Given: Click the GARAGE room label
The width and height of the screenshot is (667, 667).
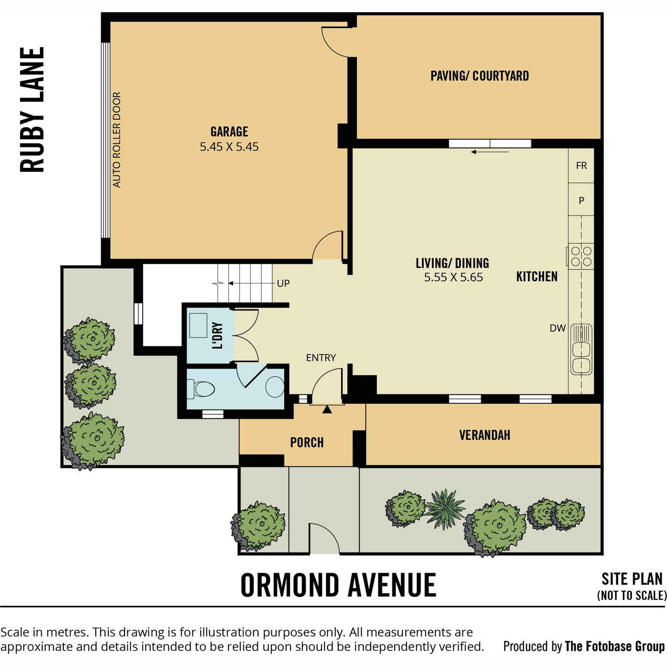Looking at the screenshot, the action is coord(229,132).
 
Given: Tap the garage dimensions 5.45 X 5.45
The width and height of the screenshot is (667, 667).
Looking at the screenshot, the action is coord(229,147).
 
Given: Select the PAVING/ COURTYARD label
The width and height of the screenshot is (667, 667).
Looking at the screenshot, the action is coord(479,76).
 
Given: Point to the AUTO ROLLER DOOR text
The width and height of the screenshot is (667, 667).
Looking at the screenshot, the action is coord(117,140).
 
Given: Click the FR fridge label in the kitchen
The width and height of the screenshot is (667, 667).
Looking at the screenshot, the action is coord(581,166).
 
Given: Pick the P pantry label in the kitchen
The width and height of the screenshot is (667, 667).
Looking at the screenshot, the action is coord(581,201).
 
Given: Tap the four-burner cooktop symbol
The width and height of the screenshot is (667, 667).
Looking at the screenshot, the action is coord(580,256).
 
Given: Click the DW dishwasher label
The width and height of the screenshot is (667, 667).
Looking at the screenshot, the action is coord(558,328).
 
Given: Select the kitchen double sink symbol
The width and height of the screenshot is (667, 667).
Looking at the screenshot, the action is coord(581,349).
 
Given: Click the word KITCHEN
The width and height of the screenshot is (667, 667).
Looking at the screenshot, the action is coord(537,277).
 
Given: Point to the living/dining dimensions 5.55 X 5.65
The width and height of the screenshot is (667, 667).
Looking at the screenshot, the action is coord(453,277).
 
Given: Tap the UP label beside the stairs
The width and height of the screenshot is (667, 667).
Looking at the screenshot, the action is coord(283,283).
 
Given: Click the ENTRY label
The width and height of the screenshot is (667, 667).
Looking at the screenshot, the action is coord(321,357).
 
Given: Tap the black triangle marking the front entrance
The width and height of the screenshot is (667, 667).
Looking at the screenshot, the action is coord(327,410).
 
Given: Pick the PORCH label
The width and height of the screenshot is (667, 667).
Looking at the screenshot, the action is coord(307,442).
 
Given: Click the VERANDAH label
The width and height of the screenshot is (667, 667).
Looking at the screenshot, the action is coord(485,435).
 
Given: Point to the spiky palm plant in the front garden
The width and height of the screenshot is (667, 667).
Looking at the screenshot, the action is coord(445,509).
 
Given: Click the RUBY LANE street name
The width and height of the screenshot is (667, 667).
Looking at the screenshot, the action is coord(32,109).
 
